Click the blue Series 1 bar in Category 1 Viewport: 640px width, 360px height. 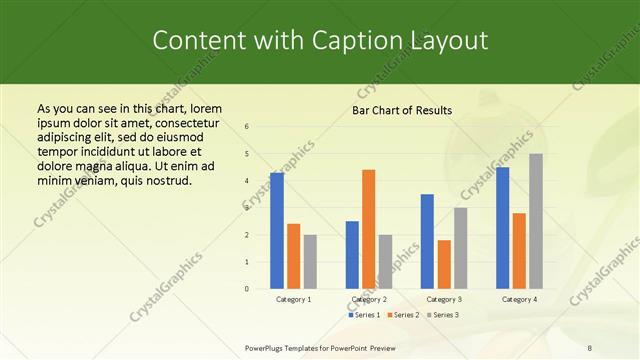tap(277, 231)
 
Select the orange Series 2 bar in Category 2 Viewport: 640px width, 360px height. tap(368, 229)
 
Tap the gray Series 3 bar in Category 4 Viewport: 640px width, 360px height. tap(536, 221)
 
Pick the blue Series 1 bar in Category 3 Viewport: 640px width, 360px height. tap(427, 241)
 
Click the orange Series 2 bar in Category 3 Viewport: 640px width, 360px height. tap(444, 264)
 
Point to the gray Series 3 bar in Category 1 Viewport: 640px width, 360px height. tap(310, 262)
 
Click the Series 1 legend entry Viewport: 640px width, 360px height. tap(364, 315)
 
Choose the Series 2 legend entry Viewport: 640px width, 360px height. tap(403, 315)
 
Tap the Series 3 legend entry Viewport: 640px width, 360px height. tap(442, 315)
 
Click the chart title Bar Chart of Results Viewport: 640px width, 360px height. tap(402, 110)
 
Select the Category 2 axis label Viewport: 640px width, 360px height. tap(368, 299)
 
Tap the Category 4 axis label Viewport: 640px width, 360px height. tap(519, 299)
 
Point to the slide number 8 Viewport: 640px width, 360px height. tap(590, 348)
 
